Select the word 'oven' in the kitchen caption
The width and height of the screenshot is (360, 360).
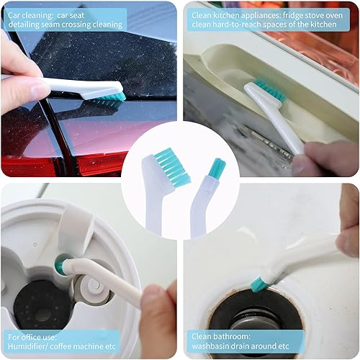(330, 14)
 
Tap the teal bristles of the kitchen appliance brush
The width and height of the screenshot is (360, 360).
(270, 91)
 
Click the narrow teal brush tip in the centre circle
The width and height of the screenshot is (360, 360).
(216, 169)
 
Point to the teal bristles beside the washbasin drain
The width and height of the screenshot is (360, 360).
(259, 284)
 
